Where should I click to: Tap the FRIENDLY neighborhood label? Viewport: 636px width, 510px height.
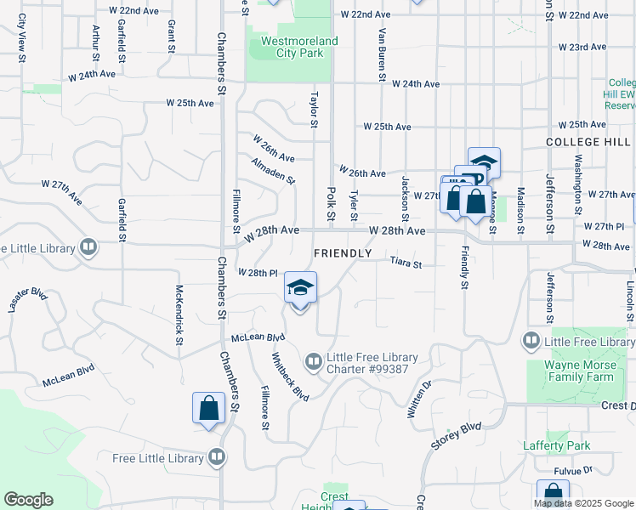343,253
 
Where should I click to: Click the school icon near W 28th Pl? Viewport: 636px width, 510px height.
299,288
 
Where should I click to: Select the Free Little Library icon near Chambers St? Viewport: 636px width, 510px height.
217,458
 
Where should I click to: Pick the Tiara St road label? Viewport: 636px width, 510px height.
406,264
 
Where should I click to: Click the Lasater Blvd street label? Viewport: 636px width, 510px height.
27,300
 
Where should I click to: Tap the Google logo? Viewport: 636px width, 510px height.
28,500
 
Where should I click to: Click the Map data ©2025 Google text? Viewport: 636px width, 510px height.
583,503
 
